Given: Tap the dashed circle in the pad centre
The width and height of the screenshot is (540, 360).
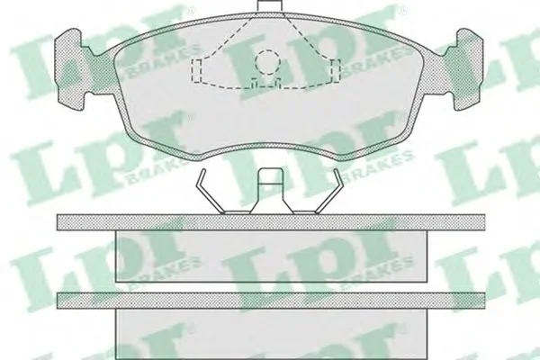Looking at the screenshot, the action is tap(267, 62).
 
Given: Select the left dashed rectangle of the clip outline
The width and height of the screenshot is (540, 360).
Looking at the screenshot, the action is tap(196, 70).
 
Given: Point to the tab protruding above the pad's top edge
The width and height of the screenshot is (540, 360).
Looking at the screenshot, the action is tap(270, 6).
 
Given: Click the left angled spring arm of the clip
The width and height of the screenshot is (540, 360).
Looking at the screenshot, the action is tap(210, 191).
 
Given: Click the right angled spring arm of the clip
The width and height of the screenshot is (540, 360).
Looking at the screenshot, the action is tap(329, 191).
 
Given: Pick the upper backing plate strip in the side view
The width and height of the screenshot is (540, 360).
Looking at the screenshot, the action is tap(271, 222).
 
